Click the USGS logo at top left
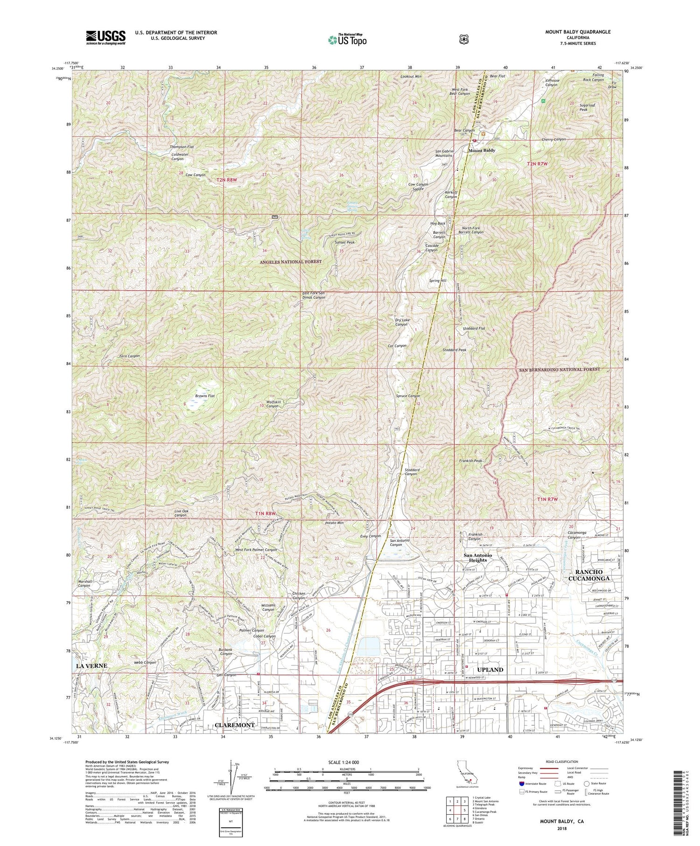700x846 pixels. point(105,37)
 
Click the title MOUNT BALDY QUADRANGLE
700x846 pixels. point(578,32)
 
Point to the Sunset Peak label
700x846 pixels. point(345,243)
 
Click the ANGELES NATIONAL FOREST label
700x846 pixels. point(290,262)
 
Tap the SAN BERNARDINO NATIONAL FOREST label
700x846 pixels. point(560,369)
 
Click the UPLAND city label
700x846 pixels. point(490,670)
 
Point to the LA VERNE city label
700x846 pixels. point(91,665)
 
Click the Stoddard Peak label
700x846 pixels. point(454,350)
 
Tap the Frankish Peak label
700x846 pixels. point(470,461)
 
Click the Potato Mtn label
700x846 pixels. point(334,523)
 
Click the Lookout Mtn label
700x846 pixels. point(411,76)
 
